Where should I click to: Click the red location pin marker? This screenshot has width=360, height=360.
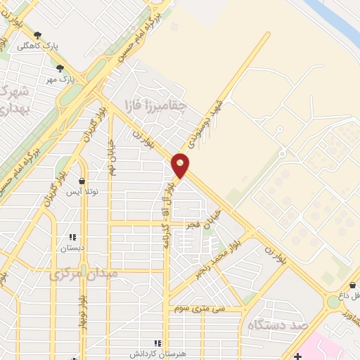coord(181,165)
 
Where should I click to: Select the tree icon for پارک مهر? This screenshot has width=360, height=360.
coord(60,69)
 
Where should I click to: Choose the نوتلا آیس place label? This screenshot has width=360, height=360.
coord(82,191)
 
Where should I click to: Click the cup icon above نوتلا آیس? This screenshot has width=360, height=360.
coord(82,181)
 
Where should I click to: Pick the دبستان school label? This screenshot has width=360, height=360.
coord(72,247)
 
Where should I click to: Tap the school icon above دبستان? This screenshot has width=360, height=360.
coord(72,237)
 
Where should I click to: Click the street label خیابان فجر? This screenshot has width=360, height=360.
coord(204,220)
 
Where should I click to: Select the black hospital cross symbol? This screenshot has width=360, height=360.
coord(299,356)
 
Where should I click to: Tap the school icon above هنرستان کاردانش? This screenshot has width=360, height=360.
coord(158,343)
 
